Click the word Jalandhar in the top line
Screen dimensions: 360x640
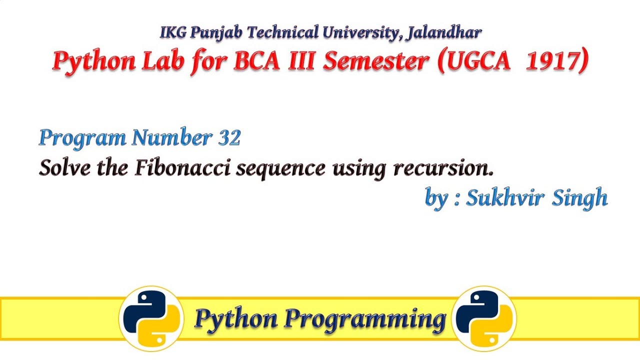444,33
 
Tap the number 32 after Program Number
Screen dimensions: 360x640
229,137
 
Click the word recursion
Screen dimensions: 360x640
443,168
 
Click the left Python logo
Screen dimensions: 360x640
151,318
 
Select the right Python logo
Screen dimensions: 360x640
484,318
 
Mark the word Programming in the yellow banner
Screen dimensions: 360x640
365,319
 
